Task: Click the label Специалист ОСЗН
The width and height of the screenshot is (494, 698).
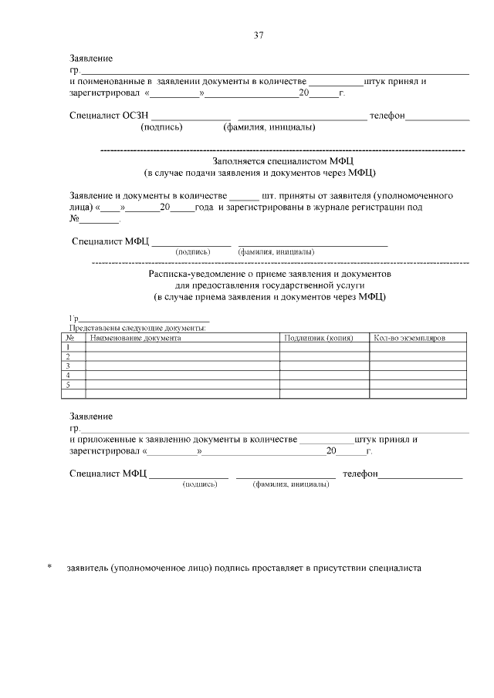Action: coord(103,116)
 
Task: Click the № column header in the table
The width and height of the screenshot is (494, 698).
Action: coord(69,338)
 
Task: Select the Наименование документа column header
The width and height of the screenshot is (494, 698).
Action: coord(136,338)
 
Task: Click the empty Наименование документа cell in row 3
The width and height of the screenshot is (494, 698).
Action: coord(182,366)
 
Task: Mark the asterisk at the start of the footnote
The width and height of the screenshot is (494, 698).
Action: coord(50,568)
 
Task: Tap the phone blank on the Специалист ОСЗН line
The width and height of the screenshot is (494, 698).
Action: coord(438,116)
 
